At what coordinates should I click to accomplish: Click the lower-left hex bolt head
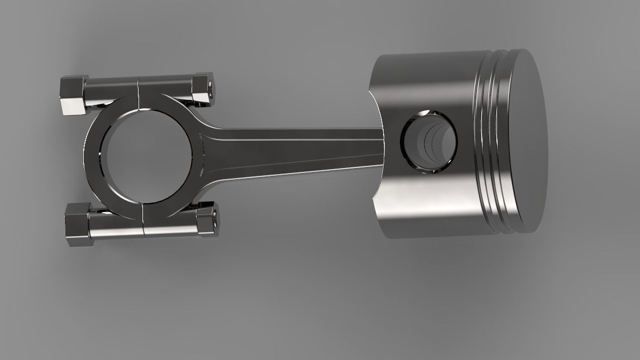pos(77,224)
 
